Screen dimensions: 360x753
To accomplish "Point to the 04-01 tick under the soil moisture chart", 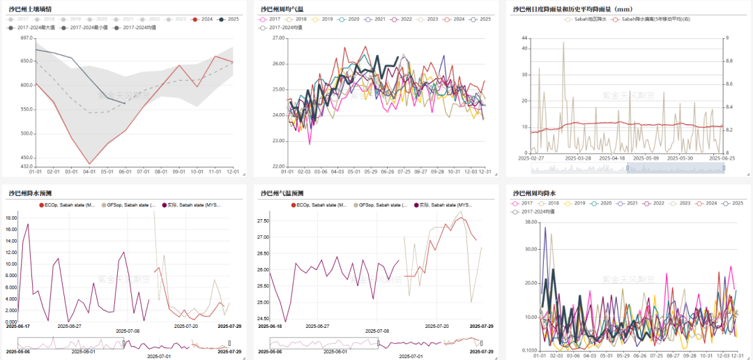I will pos(89,171).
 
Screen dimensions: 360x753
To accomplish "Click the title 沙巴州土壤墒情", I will pos(30,9).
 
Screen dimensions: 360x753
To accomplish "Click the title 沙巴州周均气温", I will pos(282,9).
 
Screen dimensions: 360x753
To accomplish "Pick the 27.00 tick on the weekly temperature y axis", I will pos(278,38).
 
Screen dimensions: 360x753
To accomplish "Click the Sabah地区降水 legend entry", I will pos(584,20).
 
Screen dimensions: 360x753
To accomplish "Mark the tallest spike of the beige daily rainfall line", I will pos(563,43).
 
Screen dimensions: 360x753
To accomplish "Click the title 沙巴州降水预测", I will pos(30,193).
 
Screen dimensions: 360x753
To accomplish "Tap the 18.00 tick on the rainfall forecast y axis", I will pos(11,218).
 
